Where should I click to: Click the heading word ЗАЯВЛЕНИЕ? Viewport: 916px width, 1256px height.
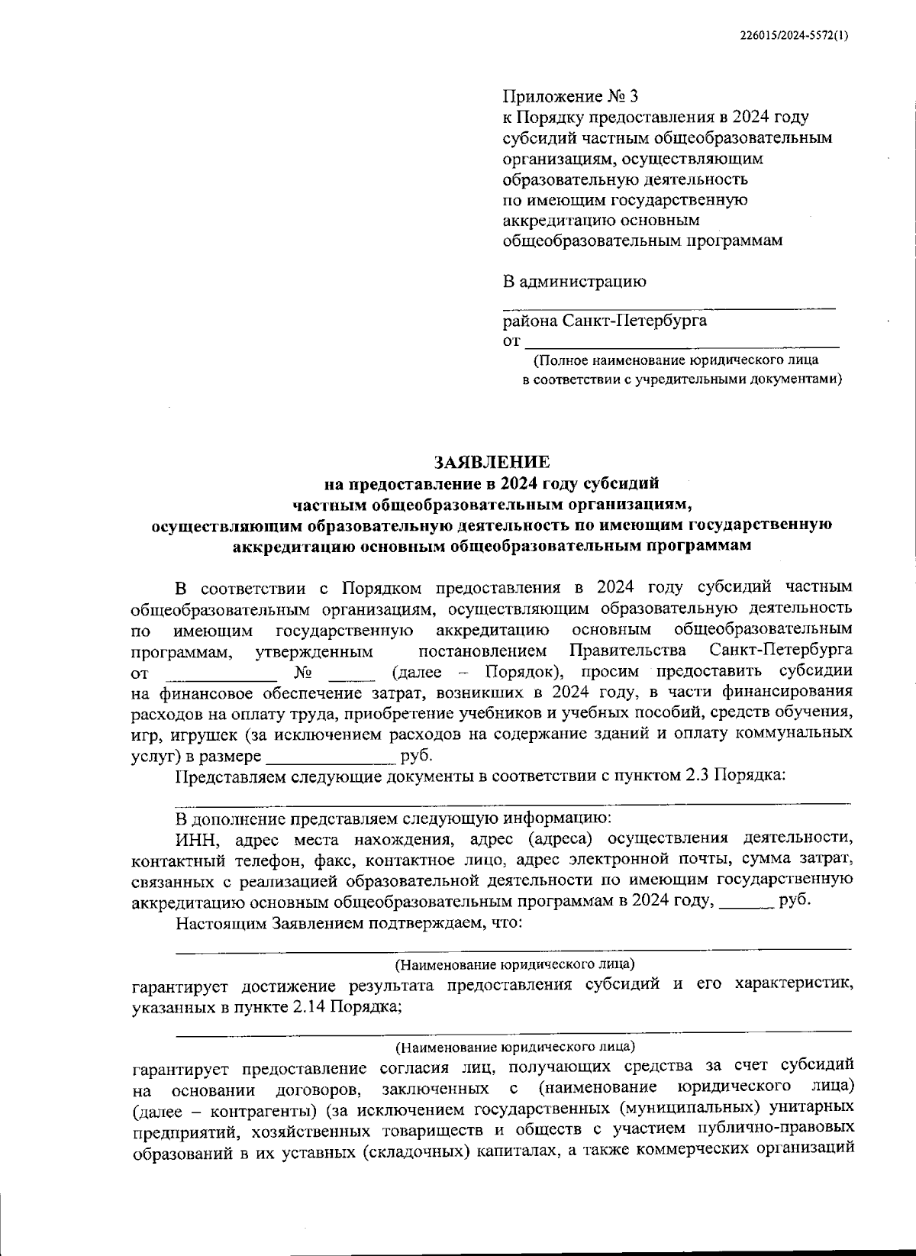coord(491,462)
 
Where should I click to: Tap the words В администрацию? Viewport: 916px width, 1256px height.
coord(574,281)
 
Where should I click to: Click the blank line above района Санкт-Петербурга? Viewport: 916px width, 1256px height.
coord(669,306)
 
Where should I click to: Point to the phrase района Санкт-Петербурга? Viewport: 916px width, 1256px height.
coord(604,320)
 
